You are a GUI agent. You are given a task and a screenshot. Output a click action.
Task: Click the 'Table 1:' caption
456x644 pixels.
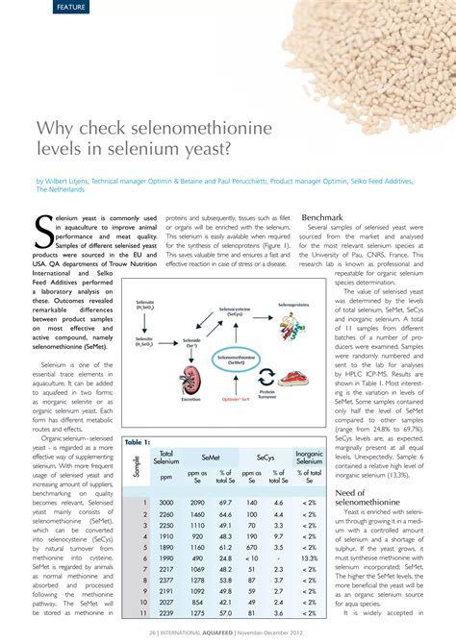tap(137, 442)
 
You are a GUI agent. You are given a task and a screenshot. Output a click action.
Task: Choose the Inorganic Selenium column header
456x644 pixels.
tap(309, 458)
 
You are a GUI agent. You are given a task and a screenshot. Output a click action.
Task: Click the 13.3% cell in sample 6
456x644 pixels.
tap(309, 557)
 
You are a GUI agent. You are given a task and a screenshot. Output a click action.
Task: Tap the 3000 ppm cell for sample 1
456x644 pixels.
tap(166, 503)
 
